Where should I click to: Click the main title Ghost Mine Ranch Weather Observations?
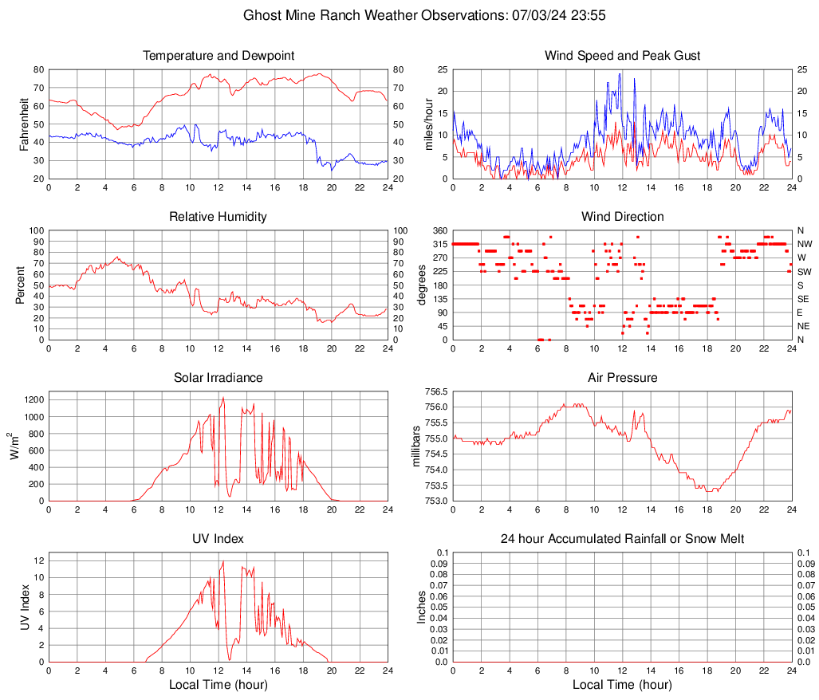click(x=409, y=15)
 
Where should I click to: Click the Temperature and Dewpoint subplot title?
click(x=219, y=56)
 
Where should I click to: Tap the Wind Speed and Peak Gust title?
click(x=622, y=56)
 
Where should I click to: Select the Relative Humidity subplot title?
click(x=219, y=217)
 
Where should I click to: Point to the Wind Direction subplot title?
click(x=622, y=217)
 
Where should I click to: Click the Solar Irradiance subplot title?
click(x=219, y=378)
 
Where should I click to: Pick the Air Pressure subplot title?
click(x=622, y=378)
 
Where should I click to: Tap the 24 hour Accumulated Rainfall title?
click(x=622, y=539)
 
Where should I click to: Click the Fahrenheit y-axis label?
click(x=22, y=124)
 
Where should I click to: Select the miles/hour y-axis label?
click(x=427, y=124)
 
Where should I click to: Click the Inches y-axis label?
click(x=422, y=607)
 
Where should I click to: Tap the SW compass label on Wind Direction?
click(x=804, y=271)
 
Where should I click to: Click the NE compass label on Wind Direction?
click(x=804, y=326)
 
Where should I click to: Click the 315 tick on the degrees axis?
click(x=440, y=244)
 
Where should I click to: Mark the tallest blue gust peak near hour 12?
click(x=620, y=74)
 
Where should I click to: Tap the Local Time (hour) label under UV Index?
click(x=219, y=685)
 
